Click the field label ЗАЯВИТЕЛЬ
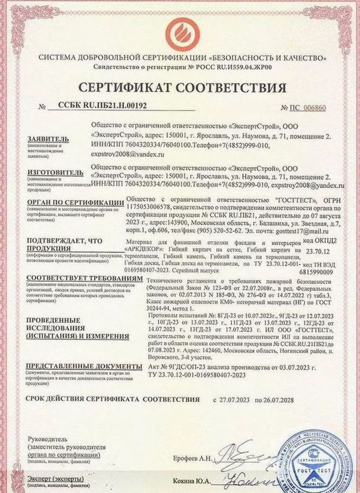(48, 139)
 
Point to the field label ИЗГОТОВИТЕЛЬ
(55, 173)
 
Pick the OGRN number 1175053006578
(148, 207)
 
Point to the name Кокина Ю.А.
(192, 482)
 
